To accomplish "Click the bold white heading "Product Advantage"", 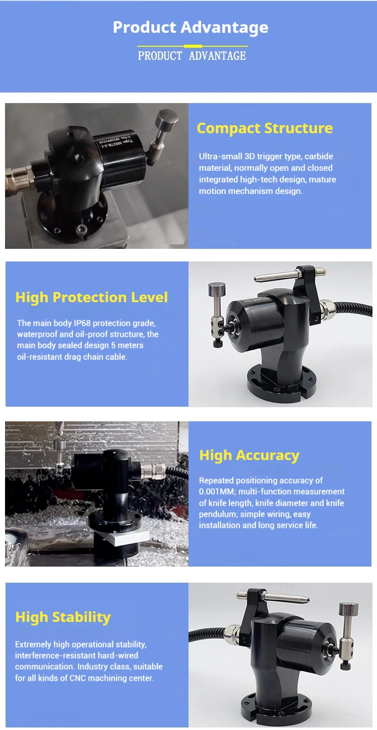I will pyautogui.click(x=191, y=27).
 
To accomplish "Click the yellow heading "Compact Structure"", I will pyautogui.click(x=264, y=128).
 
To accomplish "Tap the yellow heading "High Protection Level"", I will pyautogui.click(x=91, y=297).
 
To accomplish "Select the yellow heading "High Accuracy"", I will pyautogui.click(x=249, y=455).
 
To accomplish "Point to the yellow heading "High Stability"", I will pyautogui.click(x=63, y=617).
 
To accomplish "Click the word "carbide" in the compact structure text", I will pyautogui.click(x=319, y=156).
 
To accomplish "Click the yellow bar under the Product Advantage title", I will pyautogui.click(x=193, y=46).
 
